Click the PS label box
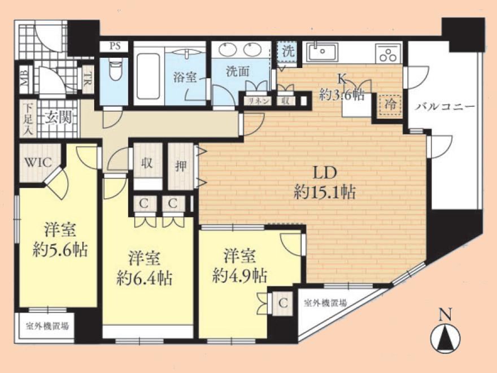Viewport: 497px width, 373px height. coord(115,46)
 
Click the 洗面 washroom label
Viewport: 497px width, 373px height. coord(237,72)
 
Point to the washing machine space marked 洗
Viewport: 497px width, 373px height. coord(287,51)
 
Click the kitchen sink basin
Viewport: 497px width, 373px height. coord(322,51)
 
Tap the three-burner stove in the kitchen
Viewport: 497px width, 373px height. coord(389,53)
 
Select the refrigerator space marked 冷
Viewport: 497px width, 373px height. coord(390,105)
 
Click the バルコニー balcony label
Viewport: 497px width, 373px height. coord(445,107)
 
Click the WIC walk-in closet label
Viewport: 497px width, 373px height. coord(38,163)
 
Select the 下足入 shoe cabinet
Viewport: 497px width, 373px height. coord(28,119)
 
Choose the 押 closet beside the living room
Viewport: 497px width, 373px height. coord(181,166)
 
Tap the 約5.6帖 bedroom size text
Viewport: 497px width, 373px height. coord(60,250)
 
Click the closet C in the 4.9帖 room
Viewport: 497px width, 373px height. coord(283,303)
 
